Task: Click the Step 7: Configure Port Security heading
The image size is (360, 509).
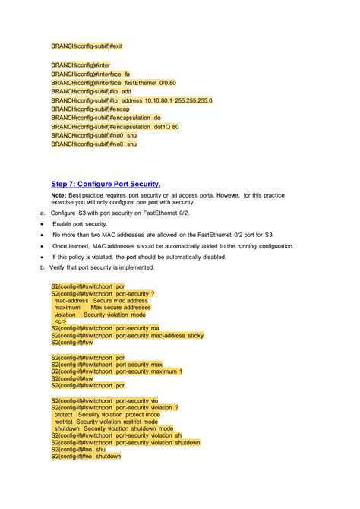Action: [106, 184]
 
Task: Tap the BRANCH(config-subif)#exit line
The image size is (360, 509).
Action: [87, 46]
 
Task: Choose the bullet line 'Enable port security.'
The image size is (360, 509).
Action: [80, 224]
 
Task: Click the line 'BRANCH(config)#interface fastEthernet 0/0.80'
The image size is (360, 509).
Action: [113, 82]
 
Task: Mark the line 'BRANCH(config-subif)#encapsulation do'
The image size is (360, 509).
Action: [106, 118]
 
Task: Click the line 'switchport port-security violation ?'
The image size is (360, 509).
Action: [115, 406]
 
